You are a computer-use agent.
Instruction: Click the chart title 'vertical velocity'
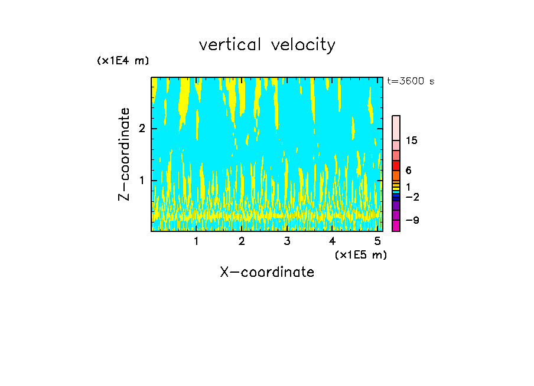(x=267, y=45)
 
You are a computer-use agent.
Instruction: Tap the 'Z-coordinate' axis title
(x=124, y=154)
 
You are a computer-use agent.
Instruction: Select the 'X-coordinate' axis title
(x=267, y=272)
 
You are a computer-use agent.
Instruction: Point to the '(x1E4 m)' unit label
(x=123, y=61)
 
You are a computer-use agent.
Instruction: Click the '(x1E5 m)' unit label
(x=360, y=254)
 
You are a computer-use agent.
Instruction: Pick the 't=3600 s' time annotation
(x=411, y=81)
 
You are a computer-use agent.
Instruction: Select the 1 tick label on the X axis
(x=196, y=241)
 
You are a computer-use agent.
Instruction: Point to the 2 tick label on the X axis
(x=242, y=241)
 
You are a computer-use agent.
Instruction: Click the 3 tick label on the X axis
(x=287, y=241)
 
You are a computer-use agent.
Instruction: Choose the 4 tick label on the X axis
(x=333, y=241)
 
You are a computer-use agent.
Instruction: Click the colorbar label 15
(x=412, y=140)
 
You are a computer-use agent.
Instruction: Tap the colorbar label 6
(x=409, y=171)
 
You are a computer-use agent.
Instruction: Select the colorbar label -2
(x=412, y=197)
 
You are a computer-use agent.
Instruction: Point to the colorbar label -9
(x=412, y=221)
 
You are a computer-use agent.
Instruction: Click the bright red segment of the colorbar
(x=396, y=165)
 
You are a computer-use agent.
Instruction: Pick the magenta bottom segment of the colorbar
(x=396, y=225)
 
